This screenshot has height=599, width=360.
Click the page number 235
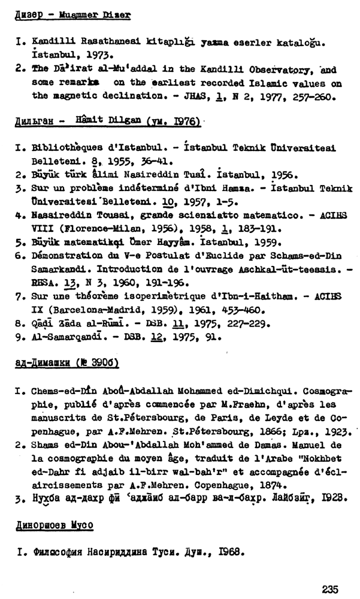click(x=332, y=589)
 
